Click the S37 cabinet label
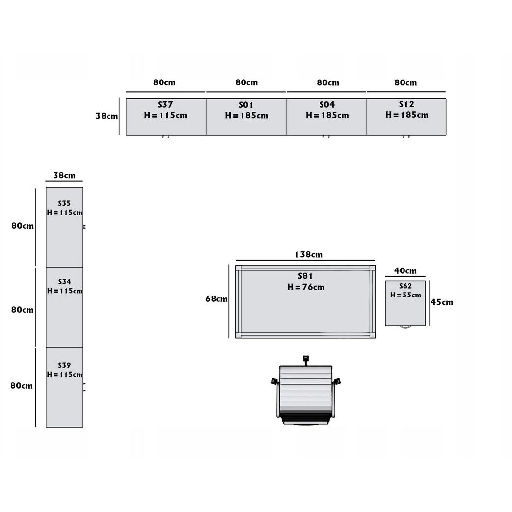[x=165, y=105]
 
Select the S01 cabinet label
[x=246, y=105]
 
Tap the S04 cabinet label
[x=327, y=105]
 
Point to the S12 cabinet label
[x=406, y=104]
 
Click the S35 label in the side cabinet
[x=64, y=203]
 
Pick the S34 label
[x=65, y=282]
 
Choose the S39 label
[x=64, y=365]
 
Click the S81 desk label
[x=305, y=276]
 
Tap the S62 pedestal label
[x=405, y=286]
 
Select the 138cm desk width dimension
[x=309, y=255]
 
